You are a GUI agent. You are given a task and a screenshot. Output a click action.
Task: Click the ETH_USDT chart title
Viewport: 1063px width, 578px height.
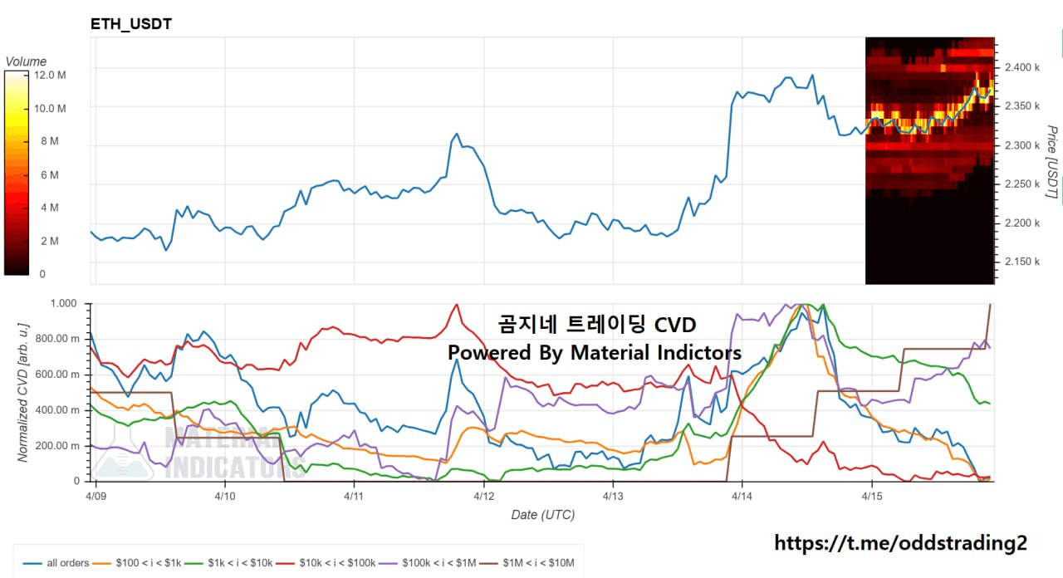pos(131,24)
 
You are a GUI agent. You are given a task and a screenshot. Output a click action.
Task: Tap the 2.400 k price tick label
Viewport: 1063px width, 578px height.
pos(1021,67)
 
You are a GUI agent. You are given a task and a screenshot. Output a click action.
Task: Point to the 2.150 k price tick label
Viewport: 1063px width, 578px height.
pos(1021,262)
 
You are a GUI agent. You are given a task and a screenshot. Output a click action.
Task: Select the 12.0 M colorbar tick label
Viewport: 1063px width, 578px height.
pos(51,76)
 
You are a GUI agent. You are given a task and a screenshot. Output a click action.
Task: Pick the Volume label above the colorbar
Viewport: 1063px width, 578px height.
pos(26,61)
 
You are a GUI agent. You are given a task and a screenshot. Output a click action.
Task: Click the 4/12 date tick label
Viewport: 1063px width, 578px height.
pos(484,496)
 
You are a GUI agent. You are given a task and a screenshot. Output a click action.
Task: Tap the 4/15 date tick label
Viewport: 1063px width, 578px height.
pos(871,496)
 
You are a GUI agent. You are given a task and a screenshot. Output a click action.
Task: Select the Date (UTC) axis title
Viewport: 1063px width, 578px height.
pos(542,515)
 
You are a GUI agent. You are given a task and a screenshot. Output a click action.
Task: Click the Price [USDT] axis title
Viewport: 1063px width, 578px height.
pos(1051,163)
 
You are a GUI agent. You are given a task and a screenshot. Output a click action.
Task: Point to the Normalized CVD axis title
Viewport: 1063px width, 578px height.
pos(22,392)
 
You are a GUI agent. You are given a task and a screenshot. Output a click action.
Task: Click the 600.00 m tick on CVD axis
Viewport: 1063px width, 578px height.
pos(60,375)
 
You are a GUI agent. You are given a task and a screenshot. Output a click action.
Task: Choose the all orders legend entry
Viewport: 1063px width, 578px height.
pos(58,563)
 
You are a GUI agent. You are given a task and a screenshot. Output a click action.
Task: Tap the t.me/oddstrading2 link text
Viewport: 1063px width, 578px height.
pos(900,543)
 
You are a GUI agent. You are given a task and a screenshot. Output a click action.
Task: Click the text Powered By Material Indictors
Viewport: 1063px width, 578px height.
pos(594,353)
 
